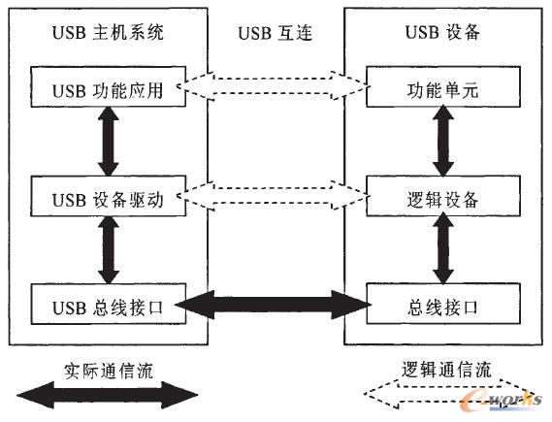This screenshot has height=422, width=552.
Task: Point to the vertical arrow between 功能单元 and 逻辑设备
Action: (x=445, y=144)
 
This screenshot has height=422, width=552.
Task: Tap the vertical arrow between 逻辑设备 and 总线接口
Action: (x=445, y=251)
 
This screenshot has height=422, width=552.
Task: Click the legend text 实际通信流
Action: (x=106, y=370)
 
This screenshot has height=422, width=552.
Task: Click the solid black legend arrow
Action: (x=106, y=395)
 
